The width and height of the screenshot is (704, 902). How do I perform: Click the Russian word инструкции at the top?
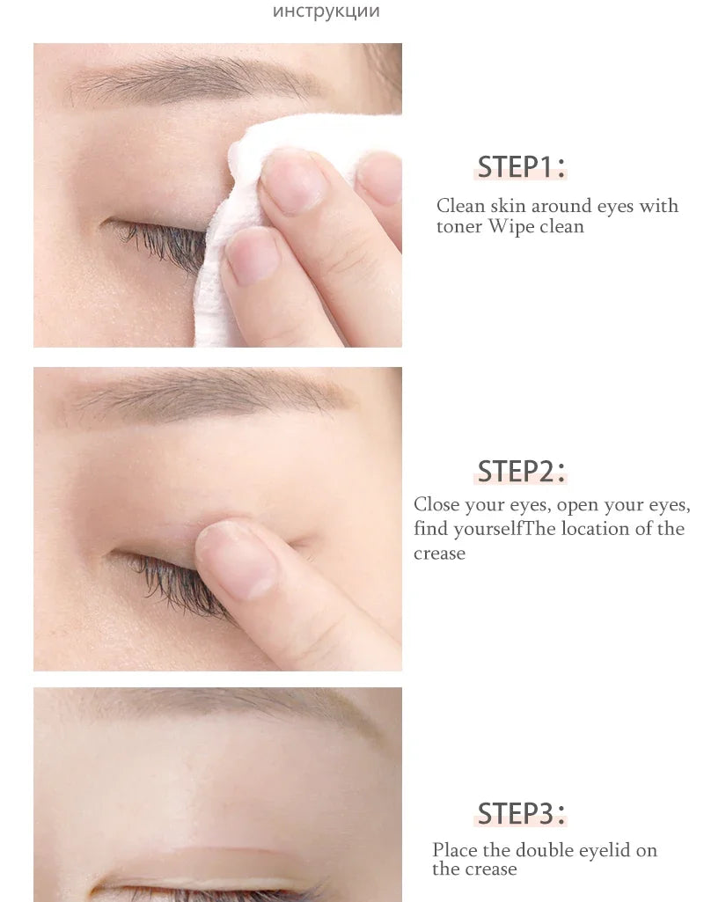(x=326, y=12)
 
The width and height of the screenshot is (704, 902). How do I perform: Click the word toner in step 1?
(x=460, y=226)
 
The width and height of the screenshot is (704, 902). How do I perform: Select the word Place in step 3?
(x=453, y=850)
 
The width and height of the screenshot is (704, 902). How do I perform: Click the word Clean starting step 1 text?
(x=460, y=206)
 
